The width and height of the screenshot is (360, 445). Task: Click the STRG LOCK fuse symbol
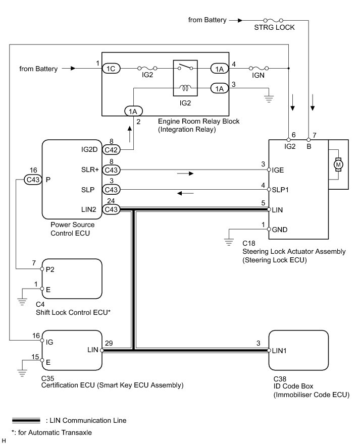pos(273,20)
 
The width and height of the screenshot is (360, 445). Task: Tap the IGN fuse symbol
pos(259,68)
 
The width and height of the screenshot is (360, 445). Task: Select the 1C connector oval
pos(111,69)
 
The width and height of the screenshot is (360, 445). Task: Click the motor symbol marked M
pos(338,164)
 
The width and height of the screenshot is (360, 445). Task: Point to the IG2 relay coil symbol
pos(185,88)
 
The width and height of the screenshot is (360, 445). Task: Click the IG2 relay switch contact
pos(185,67)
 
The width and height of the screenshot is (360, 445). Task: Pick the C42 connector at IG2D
pos(111,150)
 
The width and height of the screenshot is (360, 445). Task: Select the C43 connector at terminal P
pos(33,180)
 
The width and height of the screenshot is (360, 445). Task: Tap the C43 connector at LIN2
pos(111,209)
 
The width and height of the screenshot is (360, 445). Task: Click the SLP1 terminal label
pos(280,190)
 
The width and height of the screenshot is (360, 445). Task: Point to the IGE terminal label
pos(278,170)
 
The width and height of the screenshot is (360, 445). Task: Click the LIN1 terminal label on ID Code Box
pos(279,351)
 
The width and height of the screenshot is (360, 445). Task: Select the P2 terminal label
pos(50,269)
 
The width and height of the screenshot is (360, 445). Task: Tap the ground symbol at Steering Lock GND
pos(229,242)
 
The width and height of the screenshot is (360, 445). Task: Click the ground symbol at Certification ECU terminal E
pos(22,373)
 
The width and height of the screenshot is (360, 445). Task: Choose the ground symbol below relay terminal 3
pos(269,99)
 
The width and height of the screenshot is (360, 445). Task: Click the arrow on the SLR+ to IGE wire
pos(185,174)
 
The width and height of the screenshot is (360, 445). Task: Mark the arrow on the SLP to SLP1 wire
pos(185,193)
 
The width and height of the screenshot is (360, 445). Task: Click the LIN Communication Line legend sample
pos(26,420)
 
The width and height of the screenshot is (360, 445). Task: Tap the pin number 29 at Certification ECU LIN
pos(109,343)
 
